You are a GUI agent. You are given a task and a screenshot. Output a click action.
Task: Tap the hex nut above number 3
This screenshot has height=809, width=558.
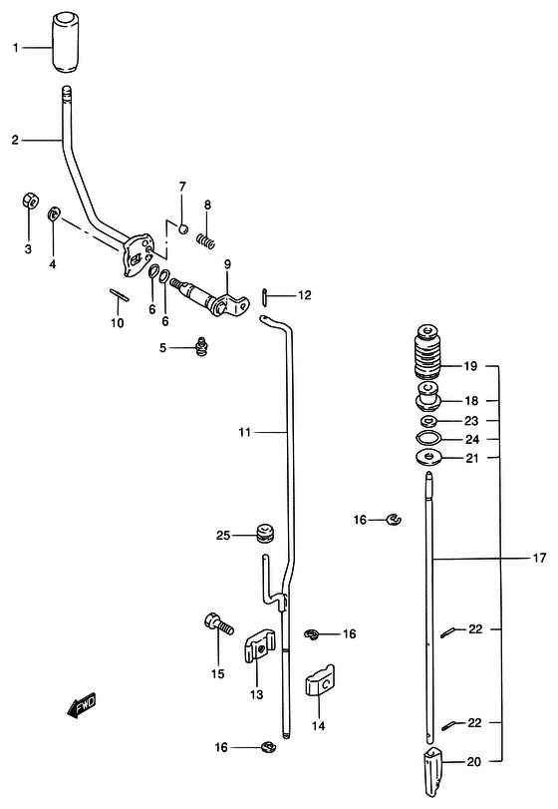click(29, 201)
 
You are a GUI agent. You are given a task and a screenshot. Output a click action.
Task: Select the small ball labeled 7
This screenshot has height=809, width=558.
click(182, 228)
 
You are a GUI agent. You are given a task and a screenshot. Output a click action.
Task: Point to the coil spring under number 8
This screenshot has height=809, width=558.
click(205, 241)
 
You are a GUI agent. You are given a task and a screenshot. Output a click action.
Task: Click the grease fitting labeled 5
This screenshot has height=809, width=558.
click(202, 346)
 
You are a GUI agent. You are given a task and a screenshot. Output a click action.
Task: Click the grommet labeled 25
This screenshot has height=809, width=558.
click(265, 533)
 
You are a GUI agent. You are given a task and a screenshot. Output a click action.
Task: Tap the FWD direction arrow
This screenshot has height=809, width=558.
click(82, 705)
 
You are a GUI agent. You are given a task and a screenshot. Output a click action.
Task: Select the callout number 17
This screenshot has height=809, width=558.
click(539, 558)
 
